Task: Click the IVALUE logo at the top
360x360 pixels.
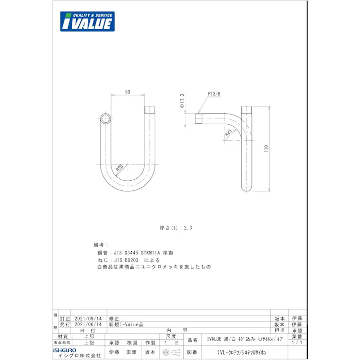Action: pos(87,22)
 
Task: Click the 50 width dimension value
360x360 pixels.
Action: pos(127,92)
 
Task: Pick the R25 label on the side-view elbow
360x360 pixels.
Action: pos(228,133)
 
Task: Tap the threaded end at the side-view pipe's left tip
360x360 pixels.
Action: pos(198,119)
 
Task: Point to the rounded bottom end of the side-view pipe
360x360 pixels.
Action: pos(247,188)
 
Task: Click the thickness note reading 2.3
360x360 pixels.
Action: pos(176,228)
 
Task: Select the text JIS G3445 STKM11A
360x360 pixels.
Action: pos(137,252)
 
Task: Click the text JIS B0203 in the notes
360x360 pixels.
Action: pos(126,260)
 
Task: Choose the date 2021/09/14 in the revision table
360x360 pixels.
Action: pos(88,319)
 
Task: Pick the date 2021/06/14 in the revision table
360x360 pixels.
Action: pos(88,325)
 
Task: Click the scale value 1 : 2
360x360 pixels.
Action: pos(171,342)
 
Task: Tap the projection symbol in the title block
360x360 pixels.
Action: pos(171,352)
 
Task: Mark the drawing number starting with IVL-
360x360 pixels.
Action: pos(242,352)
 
